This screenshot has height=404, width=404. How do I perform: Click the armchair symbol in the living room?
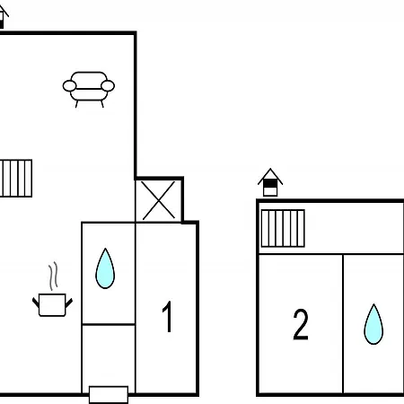pos(89,89)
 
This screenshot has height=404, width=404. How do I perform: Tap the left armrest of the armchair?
pos(69,86)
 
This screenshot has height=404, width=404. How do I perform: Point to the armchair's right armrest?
pos(108,86)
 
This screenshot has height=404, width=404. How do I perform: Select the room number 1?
pos(168,317)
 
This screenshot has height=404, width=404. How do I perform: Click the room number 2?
pos(301,324)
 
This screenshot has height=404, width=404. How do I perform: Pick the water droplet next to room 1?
pos(105,268)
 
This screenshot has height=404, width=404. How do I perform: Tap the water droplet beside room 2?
pos(373,324)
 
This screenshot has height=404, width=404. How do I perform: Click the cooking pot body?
pos(52,305)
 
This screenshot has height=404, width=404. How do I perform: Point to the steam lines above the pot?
pos(53,276)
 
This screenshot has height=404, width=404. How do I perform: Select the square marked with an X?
pos(158,200)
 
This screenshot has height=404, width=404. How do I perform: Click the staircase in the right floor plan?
pos(283,228)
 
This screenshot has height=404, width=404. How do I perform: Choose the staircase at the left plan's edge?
pos(16,179)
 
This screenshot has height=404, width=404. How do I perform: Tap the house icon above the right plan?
pos(270,182)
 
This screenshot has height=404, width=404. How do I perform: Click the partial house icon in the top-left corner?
pos(4,17)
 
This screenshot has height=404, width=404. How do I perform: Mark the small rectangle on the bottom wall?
pos(109,395)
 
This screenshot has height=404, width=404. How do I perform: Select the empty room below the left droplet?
pos(109,356)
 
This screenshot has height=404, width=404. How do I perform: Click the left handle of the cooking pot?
pos(36,303)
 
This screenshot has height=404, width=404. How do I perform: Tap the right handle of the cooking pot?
pos(69,303)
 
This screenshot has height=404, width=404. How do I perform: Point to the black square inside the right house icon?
pos(270,183)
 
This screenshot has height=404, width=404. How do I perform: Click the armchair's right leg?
pos(102,104)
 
